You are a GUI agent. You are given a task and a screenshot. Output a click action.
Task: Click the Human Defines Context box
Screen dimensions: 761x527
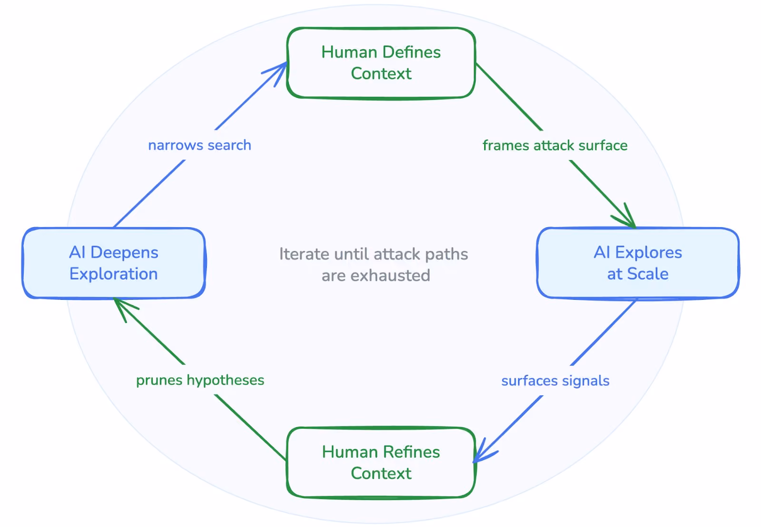point(381,63)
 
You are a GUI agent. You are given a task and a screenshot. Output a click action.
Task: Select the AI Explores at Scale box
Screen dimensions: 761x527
point(638,263)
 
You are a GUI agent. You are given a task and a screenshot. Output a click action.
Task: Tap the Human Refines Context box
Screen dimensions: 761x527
point(381,462)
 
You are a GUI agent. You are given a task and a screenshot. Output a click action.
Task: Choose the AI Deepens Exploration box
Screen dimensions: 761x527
point(114,263)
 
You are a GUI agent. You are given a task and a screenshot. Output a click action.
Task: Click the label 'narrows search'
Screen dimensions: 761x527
point(200,145)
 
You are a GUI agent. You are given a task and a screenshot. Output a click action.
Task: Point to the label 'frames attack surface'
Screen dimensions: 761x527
point(555,145)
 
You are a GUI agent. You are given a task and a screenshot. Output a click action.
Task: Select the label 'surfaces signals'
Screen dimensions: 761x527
point(555,381)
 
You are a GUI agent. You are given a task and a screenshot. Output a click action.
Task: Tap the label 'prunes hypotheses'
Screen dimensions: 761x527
point(200,380)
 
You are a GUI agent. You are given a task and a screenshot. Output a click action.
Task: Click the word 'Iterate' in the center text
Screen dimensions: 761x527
point(304,254)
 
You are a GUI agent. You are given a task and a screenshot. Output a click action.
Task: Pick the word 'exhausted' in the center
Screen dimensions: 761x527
point(390,276)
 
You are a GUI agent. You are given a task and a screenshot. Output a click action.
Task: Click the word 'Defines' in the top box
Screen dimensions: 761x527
point(411,52)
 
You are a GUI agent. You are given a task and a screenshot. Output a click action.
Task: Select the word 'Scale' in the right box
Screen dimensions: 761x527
point(648,274)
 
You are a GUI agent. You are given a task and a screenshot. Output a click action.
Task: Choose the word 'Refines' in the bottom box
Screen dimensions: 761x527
point(411,452)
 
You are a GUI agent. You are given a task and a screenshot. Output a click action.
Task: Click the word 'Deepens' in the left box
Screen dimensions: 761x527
point(124,253)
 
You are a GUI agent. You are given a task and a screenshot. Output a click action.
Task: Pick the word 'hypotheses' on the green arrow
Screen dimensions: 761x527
point(225,381)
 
